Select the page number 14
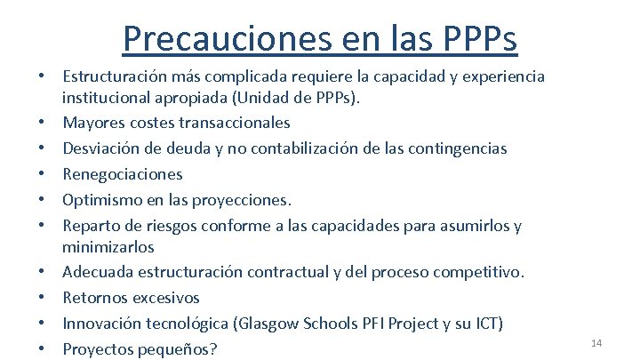596,342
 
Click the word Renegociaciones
123,174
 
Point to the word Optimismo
100,200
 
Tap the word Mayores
94,123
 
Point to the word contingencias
451,148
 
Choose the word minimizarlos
108,245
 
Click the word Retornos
95,298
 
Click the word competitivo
485,271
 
